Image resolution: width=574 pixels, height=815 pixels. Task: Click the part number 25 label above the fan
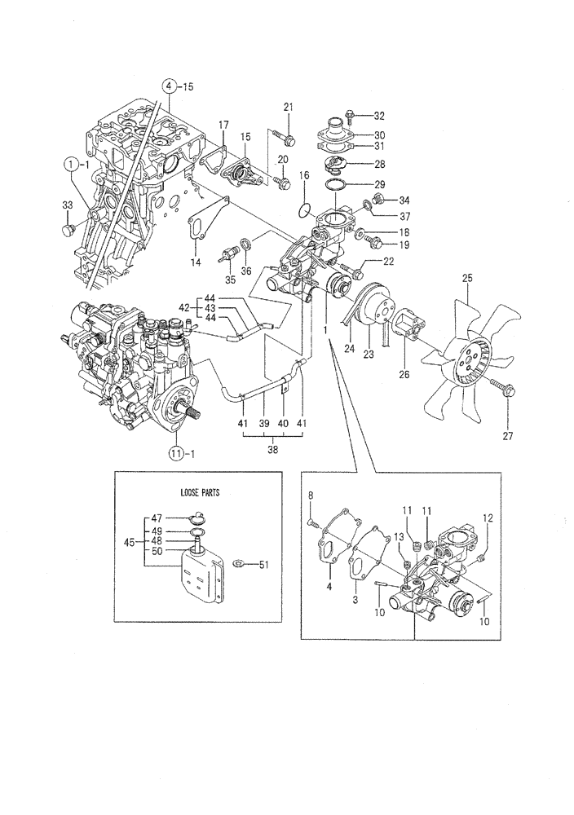click(467, 279)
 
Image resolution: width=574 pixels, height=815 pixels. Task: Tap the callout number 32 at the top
click(379, 115)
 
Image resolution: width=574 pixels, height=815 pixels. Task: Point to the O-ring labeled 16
click(305, 209)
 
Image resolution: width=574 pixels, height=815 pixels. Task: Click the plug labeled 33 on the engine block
click(68, 231)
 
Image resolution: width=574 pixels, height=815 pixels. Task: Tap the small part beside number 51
click(239, 563)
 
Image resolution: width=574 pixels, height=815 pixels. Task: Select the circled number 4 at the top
click(169, 86)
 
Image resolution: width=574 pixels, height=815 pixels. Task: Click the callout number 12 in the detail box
click(488, 518)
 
